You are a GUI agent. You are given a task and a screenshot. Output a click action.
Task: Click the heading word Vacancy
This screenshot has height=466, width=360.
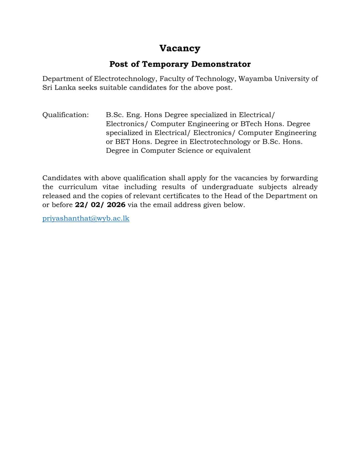pyautogui.click(x=180, y=48)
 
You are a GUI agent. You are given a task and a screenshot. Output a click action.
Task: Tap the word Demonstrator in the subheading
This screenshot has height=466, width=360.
pyautogui.click(x=221, y=64)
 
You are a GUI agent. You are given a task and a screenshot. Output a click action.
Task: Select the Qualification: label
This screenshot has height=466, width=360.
pyautogui.click(x=66, y=115)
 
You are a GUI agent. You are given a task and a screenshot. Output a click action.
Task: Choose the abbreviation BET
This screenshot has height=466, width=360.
pyautogui.click(x=123, y=142)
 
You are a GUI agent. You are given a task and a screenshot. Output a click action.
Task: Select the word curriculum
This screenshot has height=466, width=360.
pyautogui.click(x=78, y=187)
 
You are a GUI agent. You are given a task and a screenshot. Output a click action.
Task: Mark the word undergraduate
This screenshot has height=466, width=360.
pyautogui.click(x=227, y=187)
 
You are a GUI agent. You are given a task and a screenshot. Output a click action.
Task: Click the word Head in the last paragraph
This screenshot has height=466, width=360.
pyautogui.click(x=233, y=196)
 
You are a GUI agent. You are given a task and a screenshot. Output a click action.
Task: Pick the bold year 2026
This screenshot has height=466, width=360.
pyautogui.click(x=116, y=205)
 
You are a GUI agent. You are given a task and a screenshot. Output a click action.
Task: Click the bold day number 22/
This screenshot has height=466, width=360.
pyautogui.click(x=81, y=205)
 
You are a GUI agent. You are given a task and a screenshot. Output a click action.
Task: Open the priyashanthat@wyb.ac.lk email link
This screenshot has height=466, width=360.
pyautogui.click(x=86, y=218)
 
